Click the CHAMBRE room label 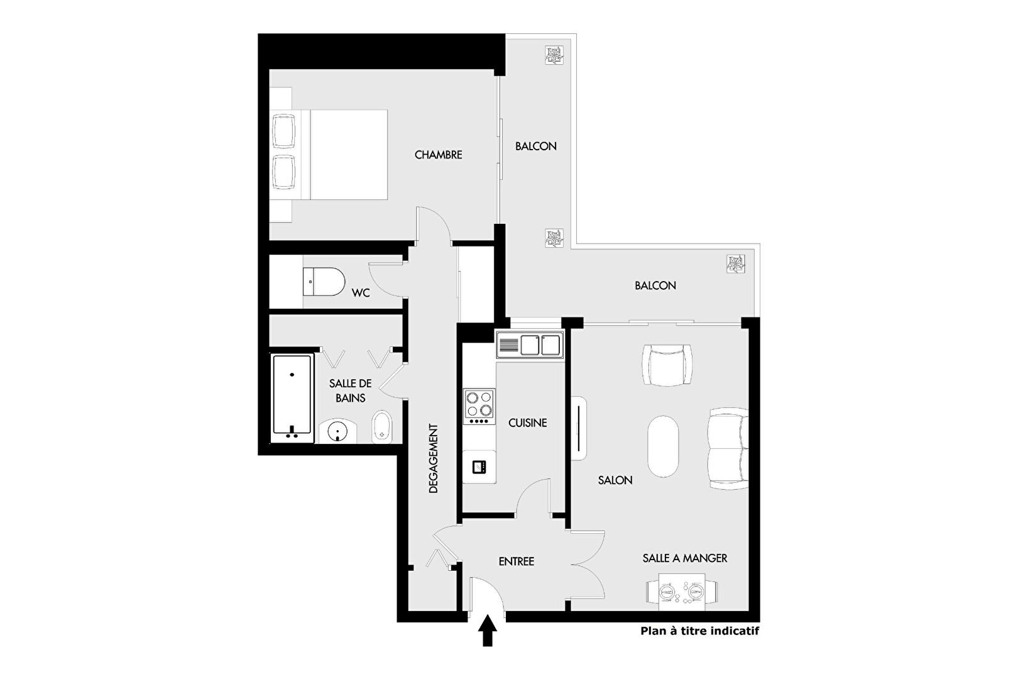(x=438, y=155)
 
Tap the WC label (x=361, y=293)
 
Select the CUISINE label (x=527, y=423)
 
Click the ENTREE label (x=517, y=561)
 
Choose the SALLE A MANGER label (x=685, y=558)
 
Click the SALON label (x=615, y=480)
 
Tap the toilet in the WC (x=324, y=282)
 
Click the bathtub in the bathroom (x=292, y=398)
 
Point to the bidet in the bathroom (x=382, y=427)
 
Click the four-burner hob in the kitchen (x=479, y=407)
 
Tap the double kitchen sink (x=530, y=345)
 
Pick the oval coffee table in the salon (x=663, y=446)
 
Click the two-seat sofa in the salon (x=728, y=448)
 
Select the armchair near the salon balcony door (x=667, y=365)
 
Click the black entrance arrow (x=487, y=631)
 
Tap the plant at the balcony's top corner (x=554, y=55)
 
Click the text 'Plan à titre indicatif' (x=700, y=631)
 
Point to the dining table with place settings (x=682, y=592)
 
